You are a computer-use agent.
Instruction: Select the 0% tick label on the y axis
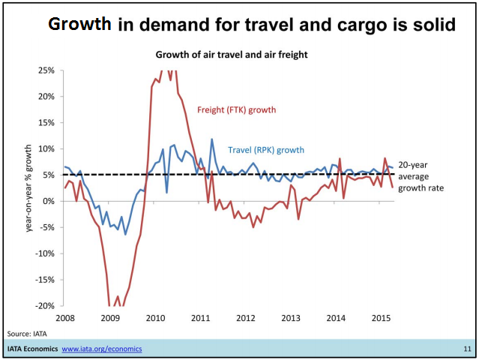[48, 201]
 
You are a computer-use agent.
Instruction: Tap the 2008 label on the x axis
[64, 318]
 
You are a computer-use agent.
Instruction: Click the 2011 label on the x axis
[201, 318]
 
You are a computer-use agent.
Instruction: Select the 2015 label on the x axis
[381, 318]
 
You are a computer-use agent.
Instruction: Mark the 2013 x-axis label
[291, 318]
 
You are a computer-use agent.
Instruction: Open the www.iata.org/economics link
[101, 349]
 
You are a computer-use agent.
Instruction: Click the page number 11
[467, 349]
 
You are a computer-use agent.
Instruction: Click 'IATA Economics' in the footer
[31, 349]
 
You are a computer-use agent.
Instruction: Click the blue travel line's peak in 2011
[211, 139]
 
